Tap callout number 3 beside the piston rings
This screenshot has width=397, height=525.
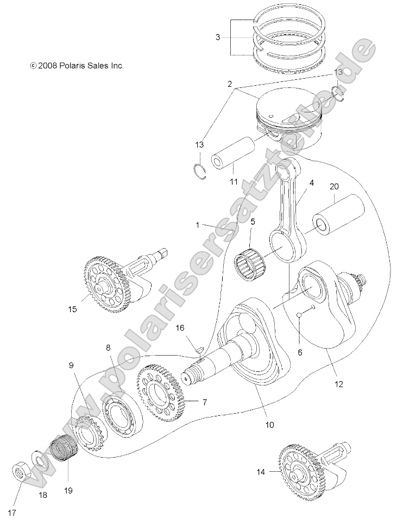(218, 37)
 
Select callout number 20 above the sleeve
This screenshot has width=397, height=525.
(335, 186)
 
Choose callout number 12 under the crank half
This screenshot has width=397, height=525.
(339, 384)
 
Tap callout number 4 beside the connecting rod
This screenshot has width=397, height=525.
(312, 184)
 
